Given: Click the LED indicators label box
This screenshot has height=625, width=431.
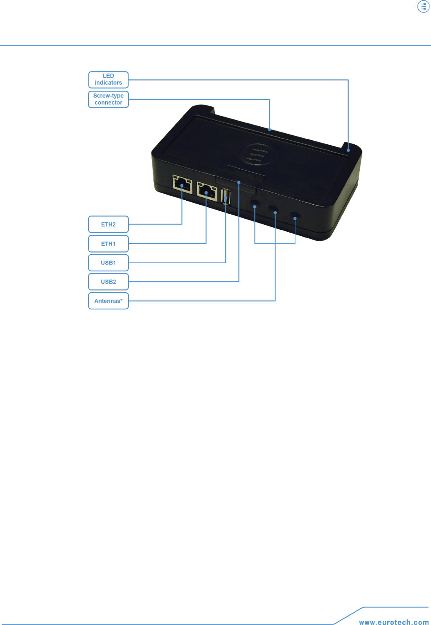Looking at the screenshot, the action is click(x=108, y=80).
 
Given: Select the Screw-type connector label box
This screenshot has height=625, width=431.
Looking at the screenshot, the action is click(x=108, y=99).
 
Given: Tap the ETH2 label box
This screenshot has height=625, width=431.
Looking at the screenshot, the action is click(x=108, y=224).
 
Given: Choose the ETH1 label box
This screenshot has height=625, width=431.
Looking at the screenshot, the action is click(x=108, y=244).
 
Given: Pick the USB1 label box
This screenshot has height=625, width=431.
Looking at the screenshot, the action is click(x=108, y=263).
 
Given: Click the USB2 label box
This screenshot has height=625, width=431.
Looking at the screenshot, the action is click(x=108, y=282).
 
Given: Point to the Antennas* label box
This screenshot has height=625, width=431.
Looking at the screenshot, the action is click(x=108, y=301).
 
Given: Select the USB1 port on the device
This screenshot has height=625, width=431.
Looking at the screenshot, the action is click(x=226, y=197).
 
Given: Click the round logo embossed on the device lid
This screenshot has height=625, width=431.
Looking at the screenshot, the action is click(x=257, y=155).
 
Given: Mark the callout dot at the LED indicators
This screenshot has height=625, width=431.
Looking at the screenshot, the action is click(x=348, y=150).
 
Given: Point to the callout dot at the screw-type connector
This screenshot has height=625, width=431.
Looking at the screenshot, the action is click(x=269, y=130).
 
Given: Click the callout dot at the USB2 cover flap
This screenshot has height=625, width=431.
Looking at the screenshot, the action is click(x=239, y=182).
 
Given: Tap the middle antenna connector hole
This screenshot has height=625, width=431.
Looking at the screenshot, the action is click(x=274, y=211).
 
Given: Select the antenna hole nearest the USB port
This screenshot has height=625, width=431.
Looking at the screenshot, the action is click(x=255, y=204).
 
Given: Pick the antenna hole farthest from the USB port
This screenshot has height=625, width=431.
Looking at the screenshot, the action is click(x=295, y=217).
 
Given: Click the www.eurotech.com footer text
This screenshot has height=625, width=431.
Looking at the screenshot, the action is click(x=394, y=622).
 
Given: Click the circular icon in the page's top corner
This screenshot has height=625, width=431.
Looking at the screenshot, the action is click(x=423, y=7).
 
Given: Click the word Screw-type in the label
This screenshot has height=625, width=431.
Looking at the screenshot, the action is click(x=108, y=96).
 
